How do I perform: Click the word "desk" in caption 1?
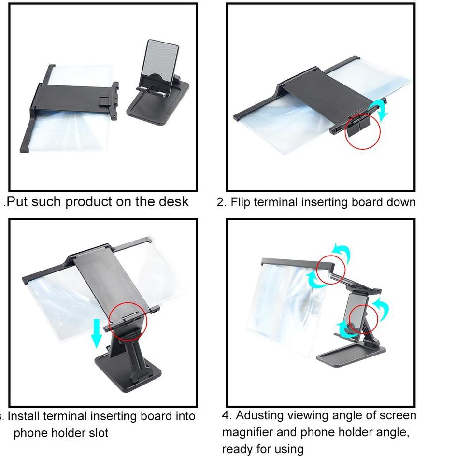173,201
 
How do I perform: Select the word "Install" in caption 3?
23,416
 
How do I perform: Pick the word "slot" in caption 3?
99,433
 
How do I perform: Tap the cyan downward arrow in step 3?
97,333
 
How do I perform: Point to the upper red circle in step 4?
316,270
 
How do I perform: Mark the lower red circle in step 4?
349,319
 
